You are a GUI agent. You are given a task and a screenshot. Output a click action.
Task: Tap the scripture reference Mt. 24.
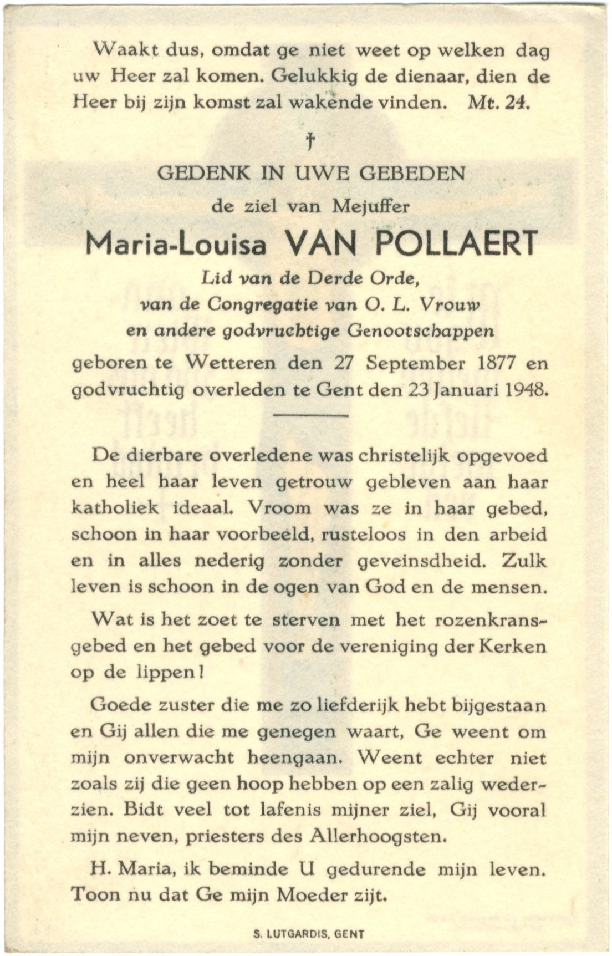click(x=499, y=103)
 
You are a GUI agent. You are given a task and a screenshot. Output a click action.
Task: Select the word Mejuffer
click(x=371, y=206)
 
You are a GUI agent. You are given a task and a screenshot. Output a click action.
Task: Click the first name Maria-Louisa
click(x=176, y=244)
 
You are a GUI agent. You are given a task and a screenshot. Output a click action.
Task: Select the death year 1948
click(x=526, y=389)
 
